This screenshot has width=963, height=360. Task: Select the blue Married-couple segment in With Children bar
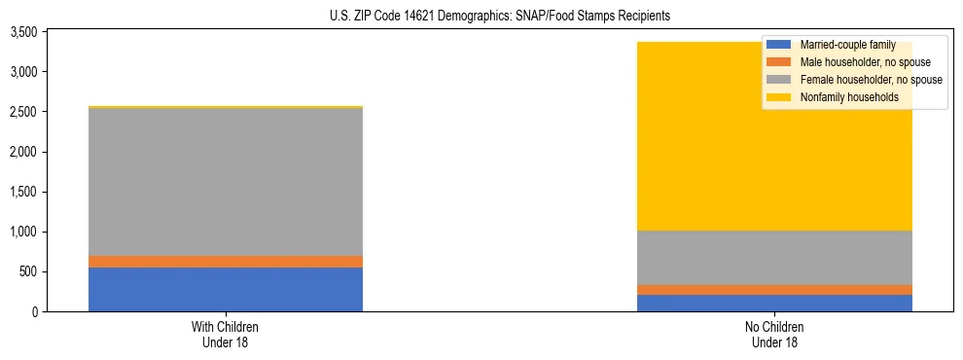pyautogui.click(x=226, y=289)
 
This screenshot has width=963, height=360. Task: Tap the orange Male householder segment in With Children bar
pyautogui.click(x=226, y=262)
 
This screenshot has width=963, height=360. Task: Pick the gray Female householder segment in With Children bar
pyautogui.click(x=226, y=182)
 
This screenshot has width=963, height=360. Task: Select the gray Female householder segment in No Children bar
pyautogui.click(x=775, y=258)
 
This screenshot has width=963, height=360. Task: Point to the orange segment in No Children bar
pyautogui.click(x=775, y=290)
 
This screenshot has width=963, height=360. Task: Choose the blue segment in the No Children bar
pyautogui.click(x=775, y=303)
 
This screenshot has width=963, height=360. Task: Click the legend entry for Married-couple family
pyautogui.click(x=845, y=45)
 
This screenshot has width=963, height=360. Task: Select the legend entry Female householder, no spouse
pyautogui.click(x=871, y=80)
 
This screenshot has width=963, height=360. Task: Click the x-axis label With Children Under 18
pyautogui.click(x=226, y=334)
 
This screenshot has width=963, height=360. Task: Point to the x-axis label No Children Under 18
pyautogui.click(x=775, y=334)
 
